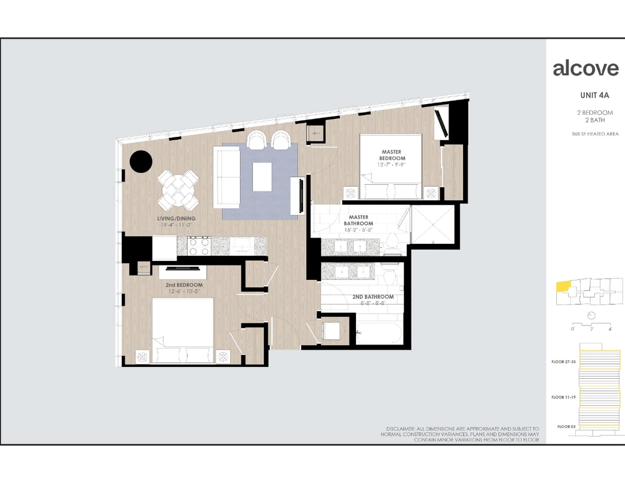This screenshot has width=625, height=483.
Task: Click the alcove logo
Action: pos(586,68)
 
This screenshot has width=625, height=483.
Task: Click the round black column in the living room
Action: pos(141,161)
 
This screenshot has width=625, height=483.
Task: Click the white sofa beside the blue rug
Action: pos(227,177)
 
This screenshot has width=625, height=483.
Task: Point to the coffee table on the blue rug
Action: pos(263,177)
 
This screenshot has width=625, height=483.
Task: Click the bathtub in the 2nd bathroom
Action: pos(380,334)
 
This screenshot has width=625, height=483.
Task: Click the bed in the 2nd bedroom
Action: pos(182,331)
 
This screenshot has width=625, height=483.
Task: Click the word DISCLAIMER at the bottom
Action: pos(404,429)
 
